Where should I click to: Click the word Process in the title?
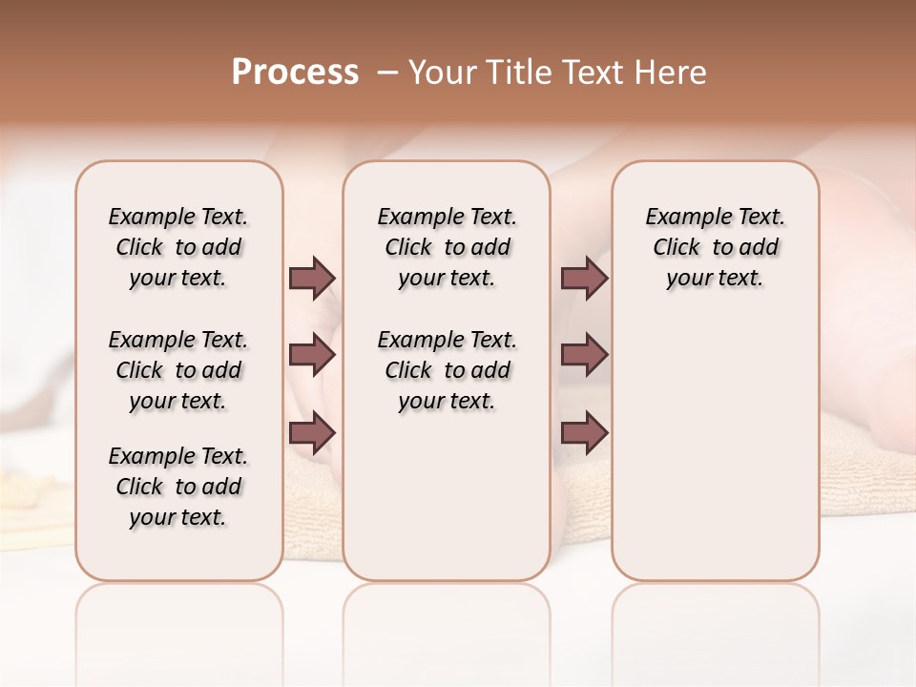[x=295, y=72]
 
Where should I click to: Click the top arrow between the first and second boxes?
[x=312, y=278]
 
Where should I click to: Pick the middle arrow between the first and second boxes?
[x=312, y=355]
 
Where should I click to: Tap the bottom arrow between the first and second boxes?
[x=312, y=432]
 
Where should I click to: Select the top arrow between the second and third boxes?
[x=584, y=278]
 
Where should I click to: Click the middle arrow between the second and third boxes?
[x=584, y=355]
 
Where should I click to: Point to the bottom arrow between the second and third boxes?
[x=584, y=432]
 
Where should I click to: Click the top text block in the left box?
[x=178, y=247]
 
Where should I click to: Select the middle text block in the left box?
[x=178, y=370]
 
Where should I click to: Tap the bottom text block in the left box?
[x=178, y=487]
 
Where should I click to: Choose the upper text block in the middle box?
[x=447, y=247]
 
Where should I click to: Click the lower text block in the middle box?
[x=447, y=370]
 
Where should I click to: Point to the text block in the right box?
[x=715, y=247]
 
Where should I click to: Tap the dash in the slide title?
[x=387, y=72]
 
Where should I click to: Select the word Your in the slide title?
[x=442, y=72]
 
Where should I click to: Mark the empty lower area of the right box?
[x=715, y=448]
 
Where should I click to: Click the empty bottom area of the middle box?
[x=447, y=506]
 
